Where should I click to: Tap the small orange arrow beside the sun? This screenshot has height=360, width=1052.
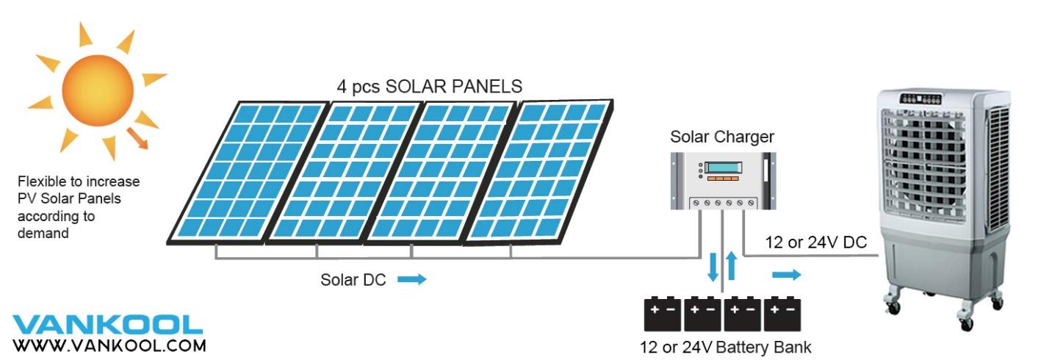(137, 137)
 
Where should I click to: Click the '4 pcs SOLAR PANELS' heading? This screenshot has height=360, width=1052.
(426, 86)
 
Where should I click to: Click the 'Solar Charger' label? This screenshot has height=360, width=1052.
(721, 137)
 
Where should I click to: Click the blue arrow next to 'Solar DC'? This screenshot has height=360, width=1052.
(412, 279)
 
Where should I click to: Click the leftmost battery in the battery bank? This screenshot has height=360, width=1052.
(663, 314)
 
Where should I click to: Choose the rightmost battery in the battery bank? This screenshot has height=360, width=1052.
(782, 314)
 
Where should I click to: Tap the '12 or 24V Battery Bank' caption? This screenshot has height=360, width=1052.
(724, 347)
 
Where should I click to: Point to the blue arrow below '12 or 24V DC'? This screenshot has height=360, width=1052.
(786, 275)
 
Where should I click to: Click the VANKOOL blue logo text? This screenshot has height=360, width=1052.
(107, 324)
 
